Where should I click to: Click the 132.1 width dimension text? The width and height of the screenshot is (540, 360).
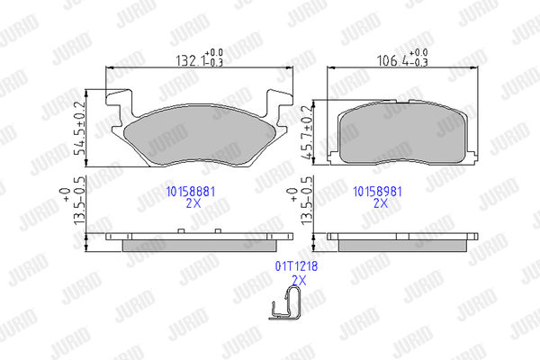(200, 58)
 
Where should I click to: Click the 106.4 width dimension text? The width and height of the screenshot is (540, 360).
(402, 58)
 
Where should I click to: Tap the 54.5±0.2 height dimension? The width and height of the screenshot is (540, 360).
(79, 129)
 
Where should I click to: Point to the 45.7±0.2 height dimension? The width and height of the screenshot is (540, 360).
(307, 132)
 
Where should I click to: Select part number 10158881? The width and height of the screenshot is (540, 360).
(191, 192)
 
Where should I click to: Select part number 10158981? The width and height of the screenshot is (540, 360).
(377, 192)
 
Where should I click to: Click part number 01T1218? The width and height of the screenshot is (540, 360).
(296, 266)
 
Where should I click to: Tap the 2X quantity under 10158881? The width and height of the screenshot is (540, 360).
(193, 203)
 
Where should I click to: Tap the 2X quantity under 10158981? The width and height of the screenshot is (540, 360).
(381, 203)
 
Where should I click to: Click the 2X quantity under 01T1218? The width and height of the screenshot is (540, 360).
(299, 281)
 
